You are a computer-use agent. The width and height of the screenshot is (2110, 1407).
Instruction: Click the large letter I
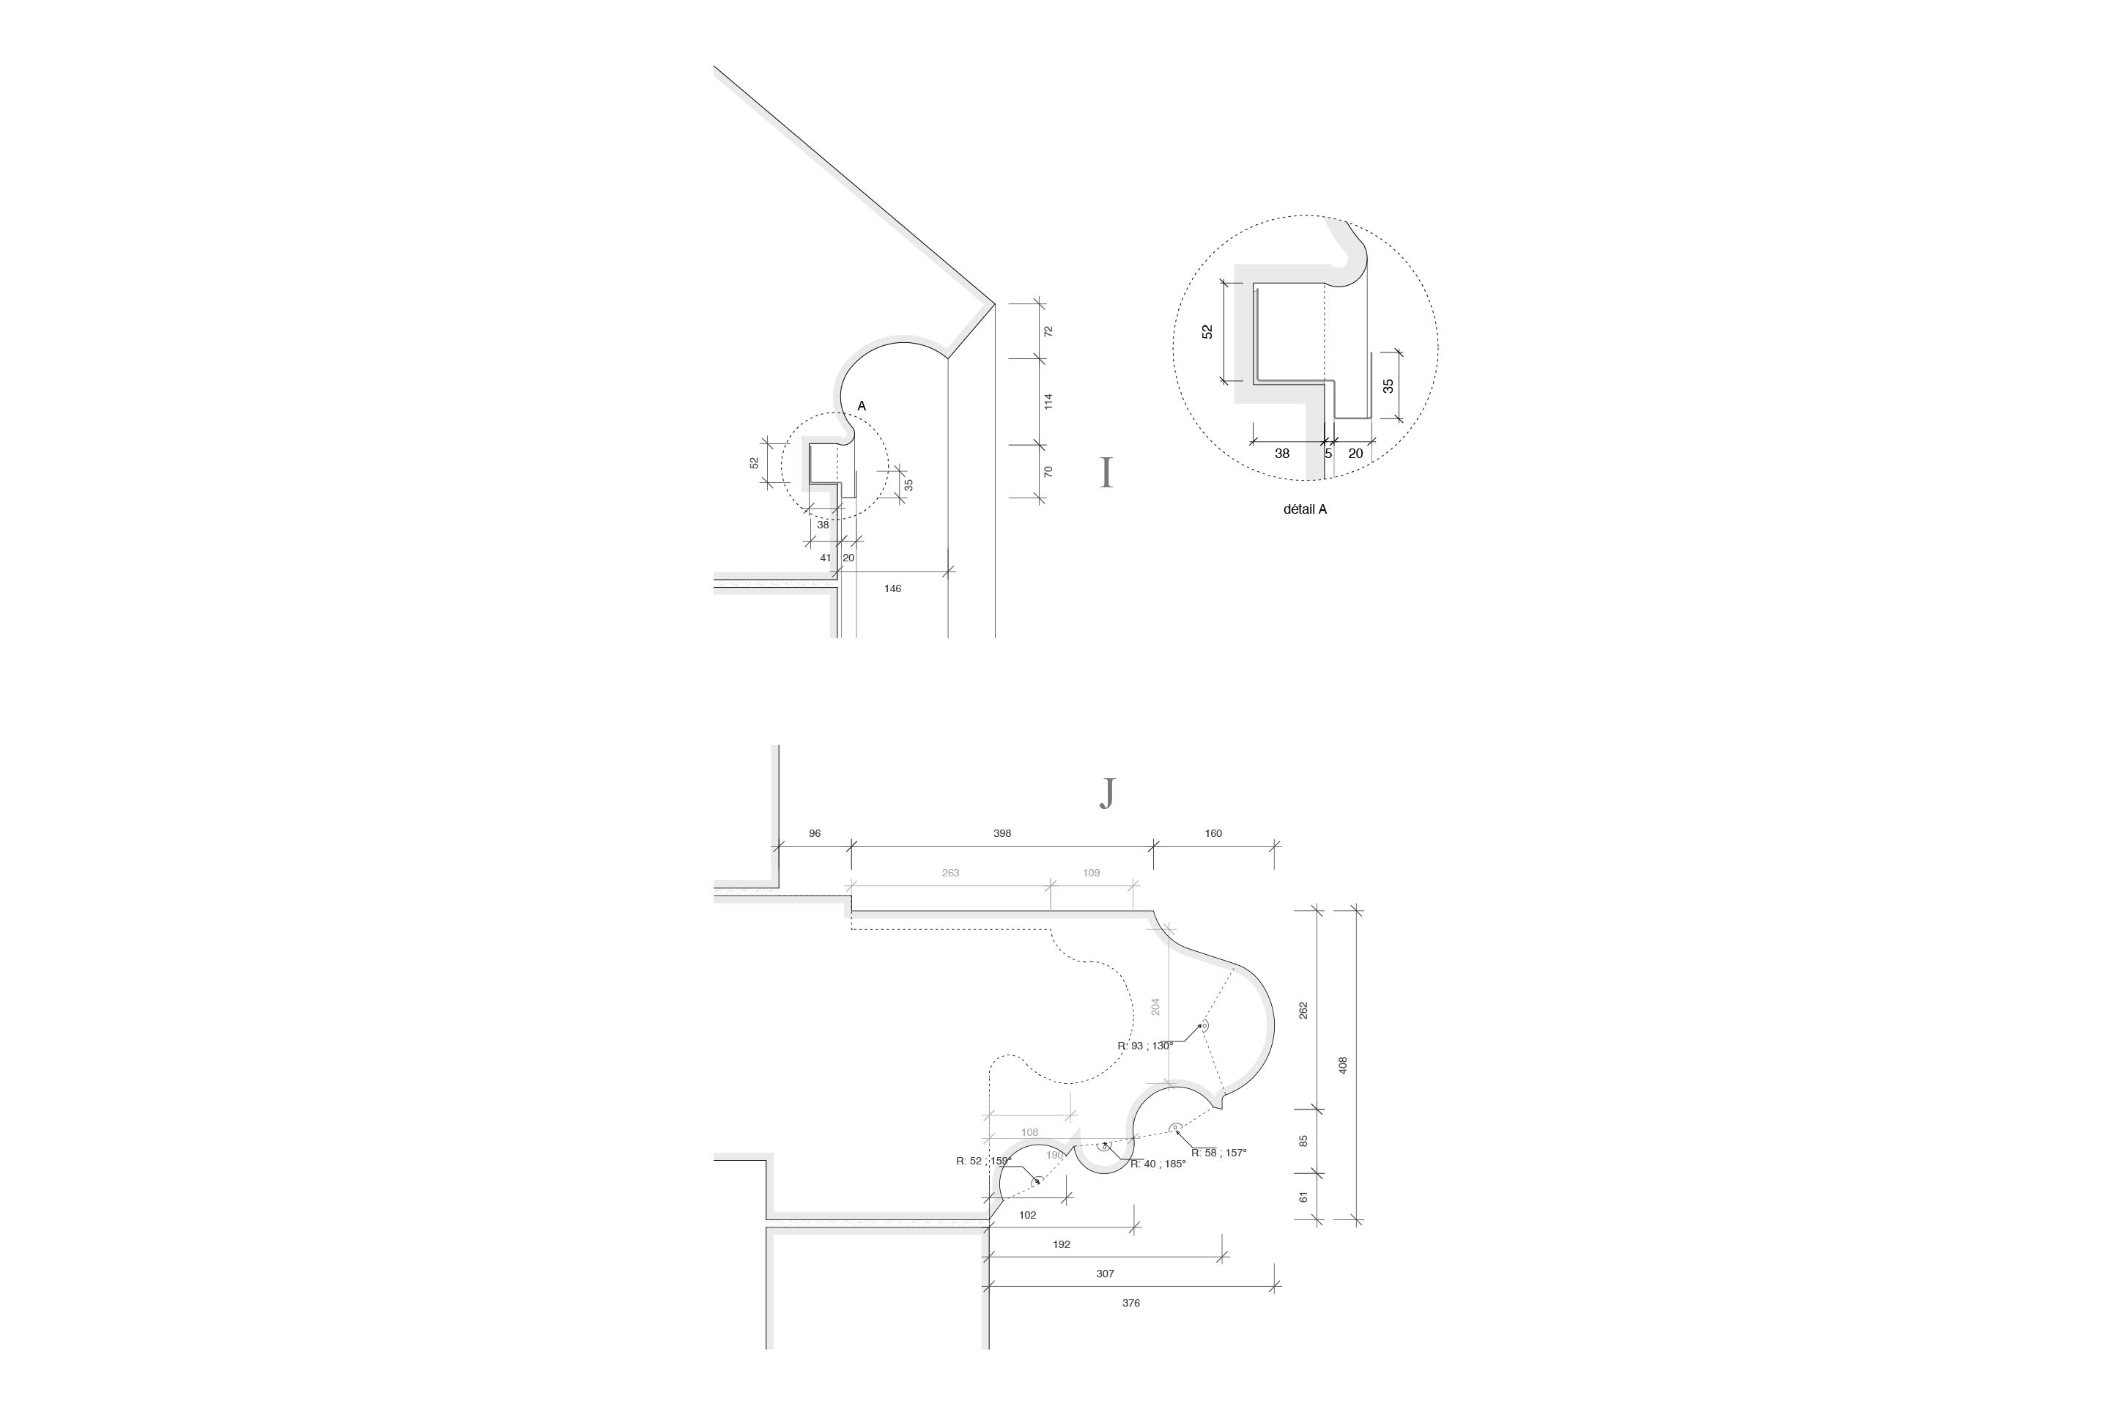point(1106,473)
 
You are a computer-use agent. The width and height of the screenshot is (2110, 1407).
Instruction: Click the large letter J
point(1108,793)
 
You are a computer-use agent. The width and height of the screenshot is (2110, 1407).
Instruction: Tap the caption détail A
point(1304,509)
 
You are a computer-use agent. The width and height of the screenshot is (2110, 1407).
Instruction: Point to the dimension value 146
point(892,588)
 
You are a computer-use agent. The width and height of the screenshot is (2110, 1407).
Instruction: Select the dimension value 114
point(1048,401)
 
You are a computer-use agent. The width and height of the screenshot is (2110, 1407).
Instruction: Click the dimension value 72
point(1048,331)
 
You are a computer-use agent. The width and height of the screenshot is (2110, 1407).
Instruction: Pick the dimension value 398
point(1002,834)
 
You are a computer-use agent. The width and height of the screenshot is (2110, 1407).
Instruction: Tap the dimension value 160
point(1213,834)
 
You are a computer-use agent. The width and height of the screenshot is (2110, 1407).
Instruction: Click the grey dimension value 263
point(950,873)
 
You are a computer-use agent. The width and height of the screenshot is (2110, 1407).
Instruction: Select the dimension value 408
point(1343,1065)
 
